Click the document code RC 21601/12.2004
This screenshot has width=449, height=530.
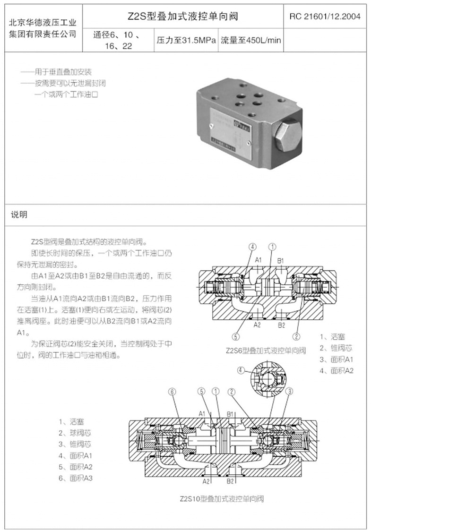pyautogui.click(x=325, y=17)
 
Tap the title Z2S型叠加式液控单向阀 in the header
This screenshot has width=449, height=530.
pyautogui.click(x=182, y=17)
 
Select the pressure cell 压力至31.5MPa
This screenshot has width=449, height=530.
pyautogui.click(x=186, y=40)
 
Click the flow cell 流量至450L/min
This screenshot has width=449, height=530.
pyautogui.click(x=250, y=40)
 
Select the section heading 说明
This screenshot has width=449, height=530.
pyautogui.click(x=19, y=214)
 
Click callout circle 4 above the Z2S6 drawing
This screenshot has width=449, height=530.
pyautogui.click(x=253, y=247)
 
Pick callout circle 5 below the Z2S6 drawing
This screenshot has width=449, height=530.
pyautogui.click(x=236, y=336)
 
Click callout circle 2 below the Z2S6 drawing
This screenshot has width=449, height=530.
pyautogui.click(x=297, y=336)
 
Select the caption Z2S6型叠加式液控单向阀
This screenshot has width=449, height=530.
pyautogui.click(x=266, y=350)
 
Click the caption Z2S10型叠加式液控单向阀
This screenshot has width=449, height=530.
pyautogui.click(x=221, y=498)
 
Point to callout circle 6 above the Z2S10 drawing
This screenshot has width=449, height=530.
pyautogui.click(x=172, y=391)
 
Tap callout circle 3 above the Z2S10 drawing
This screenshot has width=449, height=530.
pyautogui.click(x=290, y=391)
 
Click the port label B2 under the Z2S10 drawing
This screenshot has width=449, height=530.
pyautogui.click(x=230, y=481)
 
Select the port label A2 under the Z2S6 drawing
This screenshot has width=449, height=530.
pyautogui.click(x=257, y=325)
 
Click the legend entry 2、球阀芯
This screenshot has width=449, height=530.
pyautogui.click(x=75, y=433)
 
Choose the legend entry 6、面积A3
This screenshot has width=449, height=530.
pyautogui.click(x=76, y=478)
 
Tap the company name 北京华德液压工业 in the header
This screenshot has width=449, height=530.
pyautogui.click(x=43, y=23)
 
